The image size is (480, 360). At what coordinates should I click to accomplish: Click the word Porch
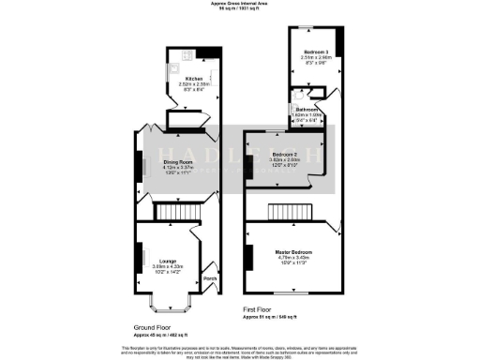click(210, 278)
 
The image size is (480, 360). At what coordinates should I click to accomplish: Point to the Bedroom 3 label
click(315, 52)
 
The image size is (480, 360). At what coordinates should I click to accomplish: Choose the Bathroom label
click(311, 109)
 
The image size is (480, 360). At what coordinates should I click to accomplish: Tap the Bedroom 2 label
click(285, 154)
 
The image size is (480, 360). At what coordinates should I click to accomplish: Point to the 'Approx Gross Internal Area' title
click(239, 4)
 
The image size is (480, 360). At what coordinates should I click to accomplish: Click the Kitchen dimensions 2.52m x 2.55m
click(194, 85)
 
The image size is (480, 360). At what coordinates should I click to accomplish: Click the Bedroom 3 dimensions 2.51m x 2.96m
click(315, 57)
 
